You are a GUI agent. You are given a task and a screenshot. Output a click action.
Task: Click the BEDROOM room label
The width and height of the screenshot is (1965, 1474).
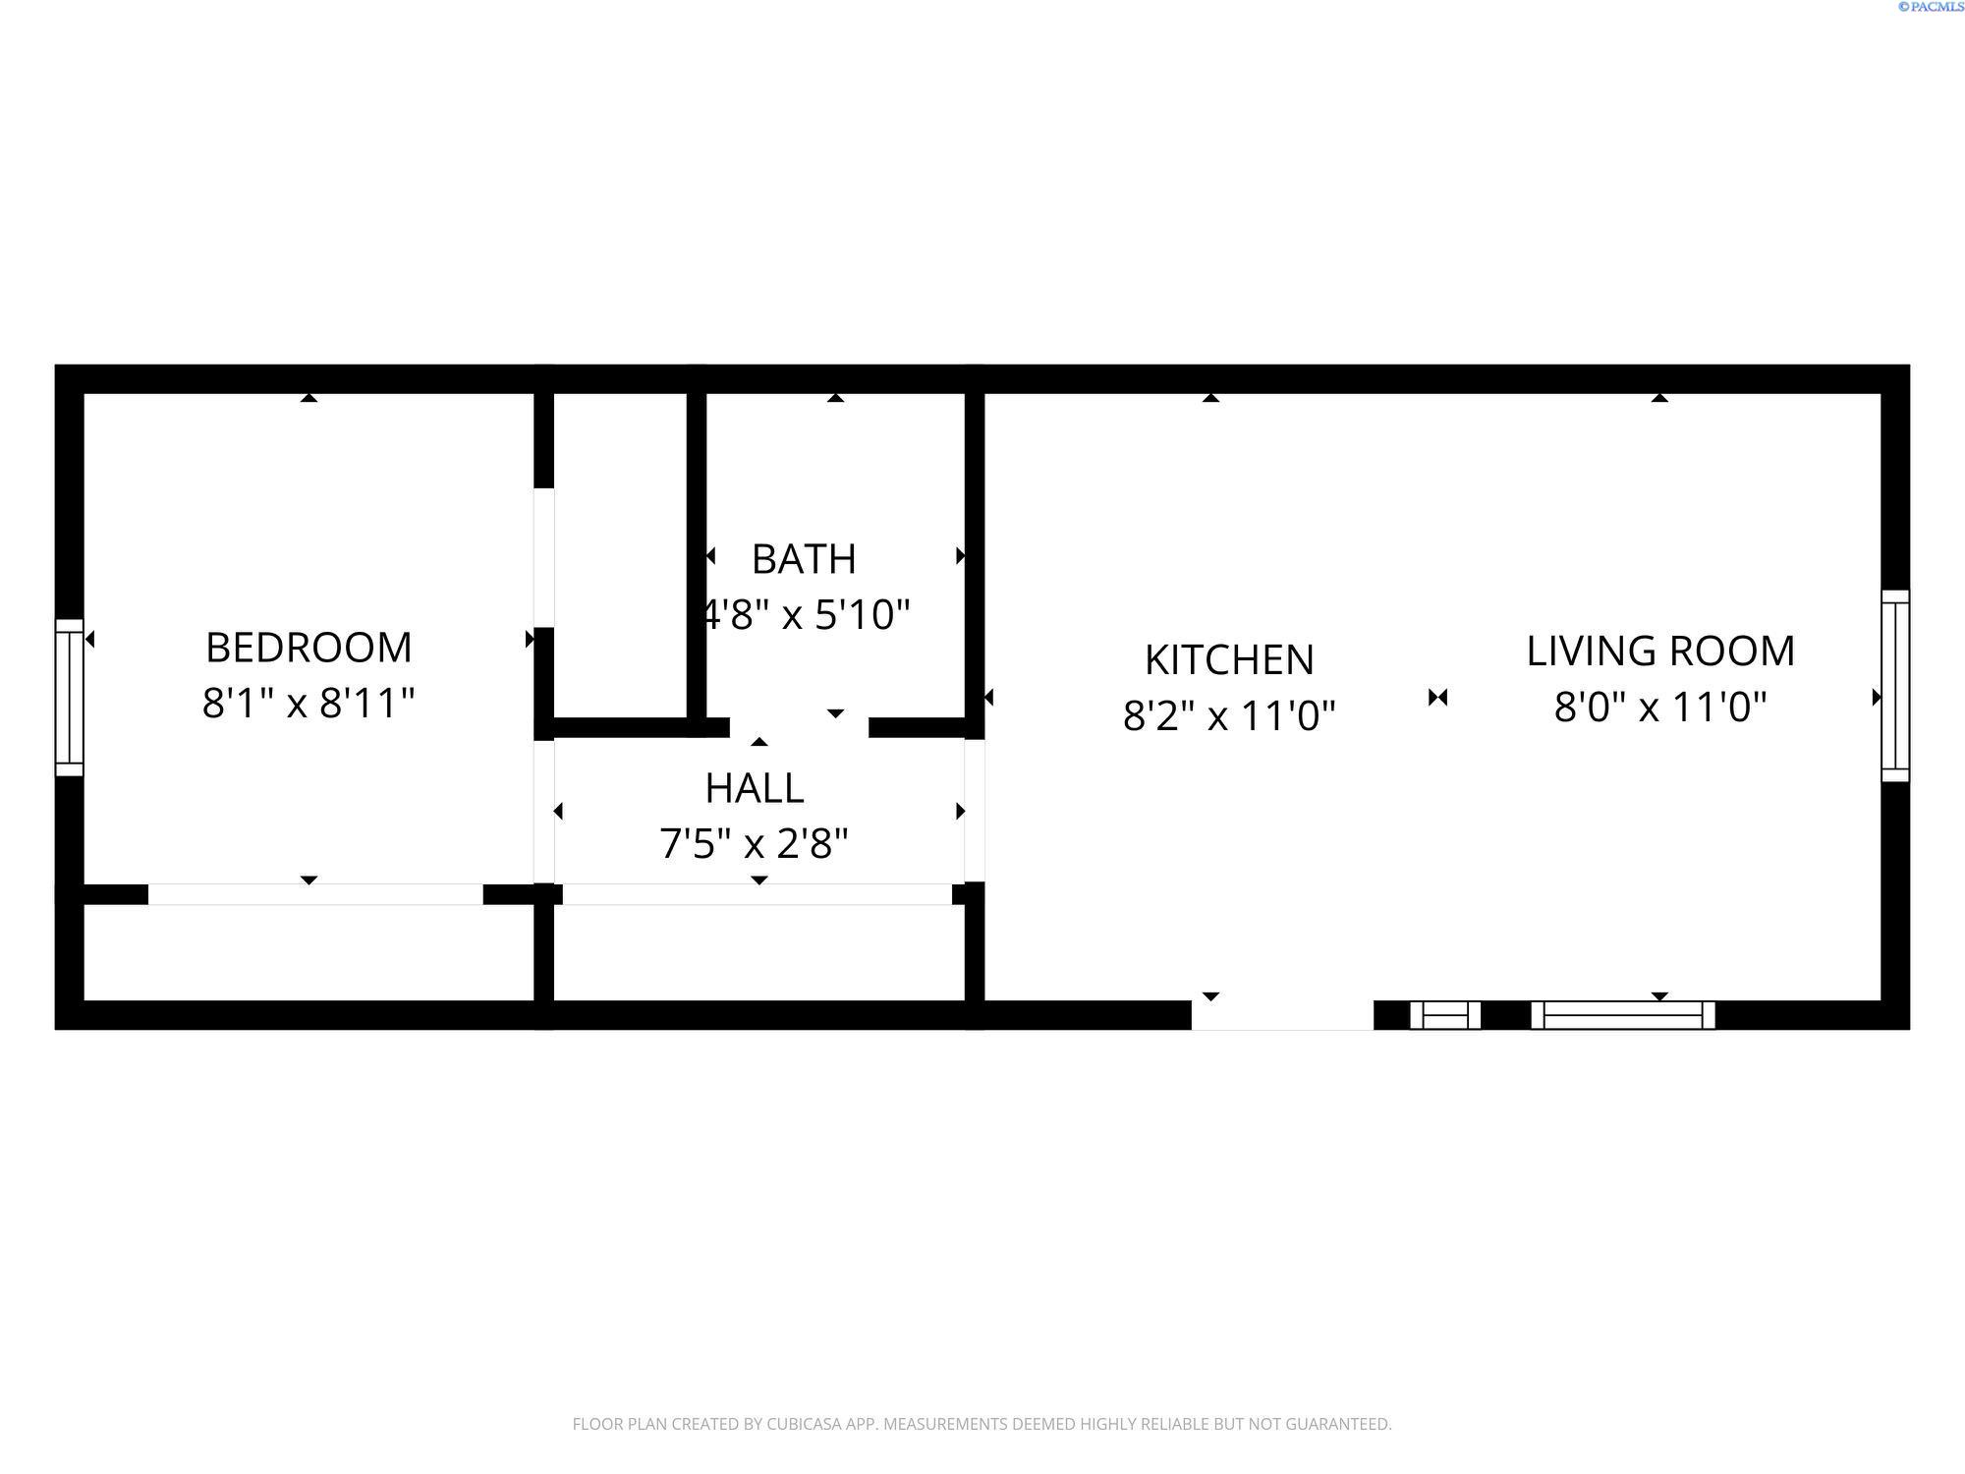[x=309, y=648]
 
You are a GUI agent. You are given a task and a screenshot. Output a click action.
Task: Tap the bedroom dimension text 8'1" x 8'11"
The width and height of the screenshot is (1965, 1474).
[x=309, y=704]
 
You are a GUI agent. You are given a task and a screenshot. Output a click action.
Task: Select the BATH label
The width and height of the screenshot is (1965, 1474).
[x=804, y=559]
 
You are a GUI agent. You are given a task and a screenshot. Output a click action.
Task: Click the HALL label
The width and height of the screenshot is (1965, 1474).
[x=755, y=788]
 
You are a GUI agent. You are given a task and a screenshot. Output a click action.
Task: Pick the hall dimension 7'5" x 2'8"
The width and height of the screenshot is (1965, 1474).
[x=754, y=843]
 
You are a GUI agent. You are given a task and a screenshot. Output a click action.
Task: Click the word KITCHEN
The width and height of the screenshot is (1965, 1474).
[x=1229, y=660]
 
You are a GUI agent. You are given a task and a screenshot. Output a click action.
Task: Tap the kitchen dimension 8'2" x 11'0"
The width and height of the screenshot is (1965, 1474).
[x=1229, y=715]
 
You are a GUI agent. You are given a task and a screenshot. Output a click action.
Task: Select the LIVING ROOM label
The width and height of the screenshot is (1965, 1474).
[x=1660, y=652]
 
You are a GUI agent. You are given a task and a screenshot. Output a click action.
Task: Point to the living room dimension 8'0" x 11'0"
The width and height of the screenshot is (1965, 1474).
[x=1660, y=707]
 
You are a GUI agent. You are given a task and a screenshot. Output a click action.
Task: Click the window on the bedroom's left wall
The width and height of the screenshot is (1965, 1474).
[x=69, y=698]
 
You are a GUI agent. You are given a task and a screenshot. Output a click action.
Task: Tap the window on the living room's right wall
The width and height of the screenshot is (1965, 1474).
[x=1895, y=686]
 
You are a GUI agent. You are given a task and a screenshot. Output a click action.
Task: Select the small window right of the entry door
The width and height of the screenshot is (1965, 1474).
[x=1445, y=1015]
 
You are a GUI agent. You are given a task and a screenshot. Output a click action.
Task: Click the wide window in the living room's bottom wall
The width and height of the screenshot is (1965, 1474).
[x=1623, y=1015]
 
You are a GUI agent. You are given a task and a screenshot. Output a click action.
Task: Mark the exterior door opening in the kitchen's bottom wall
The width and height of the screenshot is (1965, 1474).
[x=1282, y=1015]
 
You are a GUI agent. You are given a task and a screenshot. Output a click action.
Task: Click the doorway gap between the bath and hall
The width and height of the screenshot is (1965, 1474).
[x=799, y=727]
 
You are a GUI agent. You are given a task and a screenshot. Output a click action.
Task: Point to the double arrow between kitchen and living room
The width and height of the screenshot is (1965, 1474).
[x=1438, y=698]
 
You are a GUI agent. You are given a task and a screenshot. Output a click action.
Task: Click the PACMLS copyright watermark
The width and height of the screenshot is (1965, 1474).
[x=1931, y=7]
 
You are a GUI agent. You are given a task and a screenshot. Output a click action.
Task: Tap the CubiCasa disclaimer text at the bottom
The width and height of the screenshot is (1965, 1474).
[x=982, y=1424]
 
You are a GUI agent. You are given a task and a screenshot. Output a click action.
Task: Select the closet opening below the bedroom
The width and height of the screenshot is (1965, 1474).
[x=314, y=894]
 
